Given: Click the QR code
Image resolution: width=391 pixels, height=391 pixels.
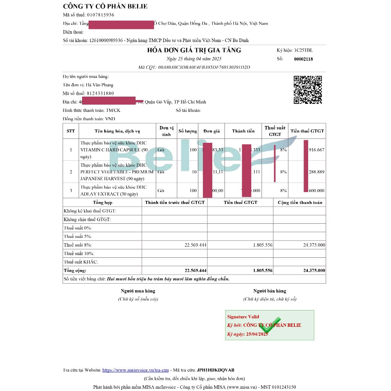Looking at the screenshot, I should (x=307, y=90).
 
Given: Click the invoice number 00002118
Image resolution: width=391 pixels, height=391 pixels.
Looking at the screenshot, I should (x=304, y=59).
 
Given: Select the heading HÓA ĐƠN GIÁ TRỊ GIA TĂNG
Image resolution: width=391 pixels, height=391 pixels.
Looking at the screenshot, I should (x=194, y=50).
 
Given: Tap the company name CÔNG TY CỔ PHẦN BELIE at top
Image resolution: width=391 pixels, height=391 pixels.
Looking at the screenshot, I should (x=105, y=6).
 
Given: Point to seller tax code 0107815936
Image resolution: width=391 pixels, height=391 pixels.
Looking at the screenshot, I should (x=100, y=15).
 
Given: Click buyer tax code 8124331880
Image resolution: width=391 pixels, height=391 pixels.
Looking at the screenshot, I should (x=100, y=94).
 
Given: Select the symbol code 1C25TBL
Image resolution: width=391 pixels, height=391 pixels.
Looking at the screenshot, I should (x=304, y=50).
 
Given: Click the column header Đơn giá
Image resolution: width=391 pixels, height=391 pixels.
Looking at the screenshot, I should (x=211, y=131).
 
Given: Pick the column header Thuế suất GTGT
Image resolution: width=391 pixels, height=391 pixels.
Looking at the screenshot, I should (x=275, y=131).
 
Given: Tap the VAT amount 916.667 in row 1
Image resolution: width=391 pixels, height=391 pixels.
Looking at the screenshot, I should (x=317, y=150).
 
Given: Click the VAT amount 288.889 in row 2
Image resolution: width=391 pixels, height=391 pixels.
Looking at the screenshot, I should (x=317, y=172).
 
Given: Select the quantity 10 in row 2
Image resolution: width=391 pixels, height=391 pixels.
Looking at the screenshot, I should (x=194, y=172).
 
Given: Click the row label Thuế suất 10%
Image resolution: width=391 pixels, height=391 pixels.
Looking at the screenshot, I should (x=79, y=254).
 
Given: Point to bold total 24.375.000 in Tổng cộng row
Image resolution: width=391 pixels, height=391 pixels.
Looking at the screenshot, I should (x=314, y=271).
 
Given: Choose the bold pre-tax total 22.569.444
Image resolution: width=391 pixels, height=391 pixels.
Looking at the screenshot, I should (x=195, y=271).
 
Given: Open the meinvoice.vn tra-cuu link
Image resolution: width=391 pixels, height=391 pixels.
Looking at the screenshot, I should (x=136, y=370).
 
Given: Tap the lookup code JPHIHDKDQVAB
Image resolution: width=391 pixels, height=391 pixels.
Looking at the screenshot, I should (x=215, y=370).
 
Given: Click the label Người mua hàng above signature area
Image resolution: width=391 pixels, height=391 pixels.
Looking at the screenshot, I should (x=138, y=291).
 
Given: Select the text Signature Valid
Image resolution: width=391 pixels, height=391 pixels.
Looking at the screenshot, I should (x=243, y=317).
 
